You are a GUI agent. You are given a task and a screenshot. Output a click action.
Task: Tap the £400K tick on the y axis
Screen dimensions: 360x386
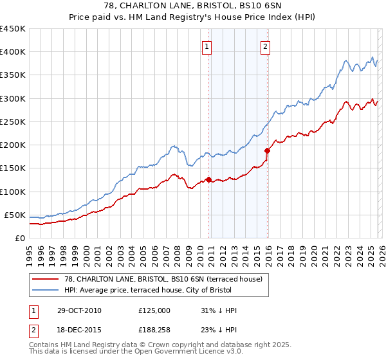12,52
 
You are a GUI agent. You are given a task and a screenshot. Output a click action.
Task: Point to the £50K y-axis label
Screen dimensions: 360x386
15,214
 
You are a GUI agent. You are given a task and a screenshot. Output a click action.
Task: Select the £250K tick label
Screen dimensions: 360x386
12,122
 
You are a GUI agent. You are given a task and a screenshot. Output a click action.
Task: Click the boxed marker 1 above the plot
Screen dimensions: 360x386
207,46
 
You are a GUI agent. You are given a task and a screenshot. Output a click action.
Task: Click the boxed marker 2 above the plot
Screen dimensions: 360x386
265,46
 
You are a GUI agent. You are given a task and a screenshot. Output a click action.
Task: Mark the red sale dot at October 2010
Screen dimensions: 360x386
208,179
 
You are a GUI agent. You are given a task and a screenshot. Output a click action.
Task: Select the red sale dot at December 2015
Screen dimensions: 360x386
267,150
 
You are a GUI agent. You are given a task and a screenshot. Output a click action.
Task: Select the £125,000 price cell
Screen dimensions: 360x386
154,310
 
